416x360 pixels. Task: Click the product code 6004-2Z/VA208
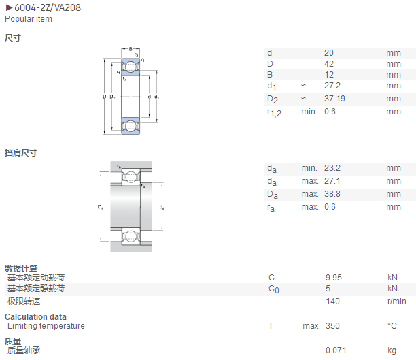48,7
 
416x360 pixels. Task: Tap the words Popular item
29,19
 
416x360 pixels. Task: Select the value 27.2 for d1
332,86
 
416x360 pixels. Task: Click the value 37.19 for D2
334,99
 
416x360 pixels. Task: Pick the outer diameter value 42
329,64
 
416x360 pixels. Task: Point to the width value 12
329,75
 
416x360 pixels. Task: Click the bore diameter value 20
329,53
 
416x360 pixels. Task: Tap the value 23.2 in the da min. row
332,168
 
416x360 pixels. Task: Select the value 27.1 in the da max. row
332,181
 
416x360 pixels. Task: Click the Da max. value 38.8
332,194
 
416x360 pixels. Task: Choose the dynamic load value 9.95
334,278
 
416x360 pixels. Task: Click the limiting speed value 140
332,301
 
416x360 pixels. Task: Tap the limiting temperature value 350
332,326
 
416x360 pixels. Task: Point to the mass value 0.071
336,350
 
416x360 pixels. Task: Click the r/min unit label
397,301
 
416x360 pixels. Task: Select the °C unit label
392,326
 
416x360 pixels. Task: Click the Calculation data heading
35,317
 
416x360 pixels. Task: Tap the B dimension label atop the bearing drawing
131,49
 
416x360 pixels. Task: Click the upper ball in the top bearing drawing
131,67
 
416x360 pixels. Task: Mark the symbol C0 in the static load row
273,289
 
